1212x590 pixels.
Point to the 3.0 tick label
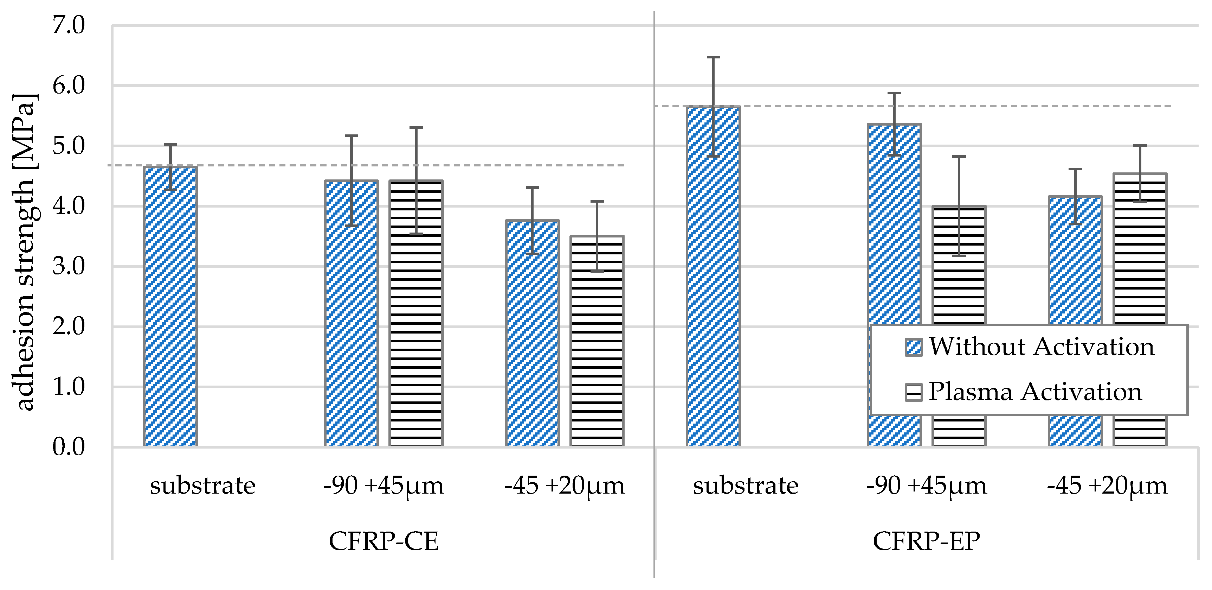tap(69, 267)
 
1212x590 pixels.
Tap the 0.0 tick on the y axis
tap(69, 447)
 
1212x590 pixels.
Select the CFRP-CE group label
tap(383, 541)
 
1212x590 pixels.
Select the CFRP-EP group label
tap(926, 541)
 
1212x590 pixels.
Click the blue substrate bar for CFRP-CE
tap(170, 306)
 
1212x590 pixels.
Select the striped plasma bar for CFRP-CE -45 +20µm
tap(597, 341)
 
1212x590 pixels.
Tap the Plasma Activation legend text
tap(1035, 392)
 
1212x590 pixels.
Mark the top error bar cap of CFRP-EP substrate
tap(713, 57)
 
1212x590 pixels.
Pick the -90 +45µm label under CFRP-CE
tap(383, 486)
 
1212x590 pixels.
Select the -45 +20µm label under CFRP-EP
tap(1107, 486)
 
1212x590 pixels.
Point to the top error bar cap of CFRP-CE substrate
tap(170, 144)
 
